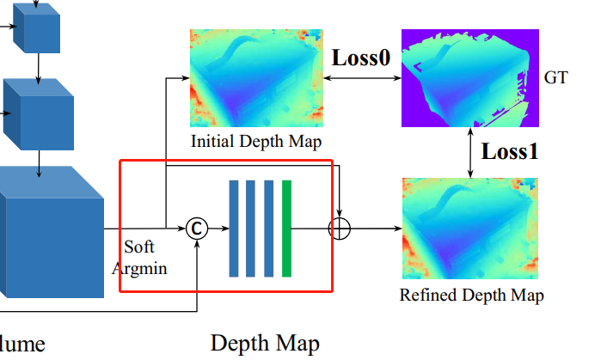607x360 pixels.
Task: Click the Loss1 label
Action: [x=509, y=152]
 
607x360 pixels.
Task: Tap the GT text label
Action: [x=556, y=78]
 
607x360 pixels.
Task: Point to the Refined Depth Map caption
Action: [x=471, y=296]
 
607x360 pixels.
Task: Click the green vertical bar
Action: [x=286, y=229]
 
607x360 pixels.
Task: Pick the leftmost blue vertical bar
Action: [x=234, y=229]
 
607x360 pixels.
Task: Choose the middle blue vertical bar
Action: [x=251, y=229]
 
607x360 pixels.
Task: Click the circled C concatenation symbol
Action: [x=197, y=229]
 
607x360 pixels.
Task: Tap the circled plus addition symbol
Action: [x=340, y=229]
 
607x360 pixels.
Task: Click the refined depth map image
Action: [x=469, y=229]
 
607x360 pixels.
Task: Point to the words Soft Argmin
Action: [x=140, y=257]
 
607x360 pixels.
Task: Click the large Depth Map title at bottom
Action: [x=265, y=344]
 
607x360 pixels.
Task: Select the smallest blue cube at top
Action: [x=38, y=29]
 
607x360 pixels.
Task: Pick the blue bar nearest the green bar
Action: [x=268, y=229]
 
